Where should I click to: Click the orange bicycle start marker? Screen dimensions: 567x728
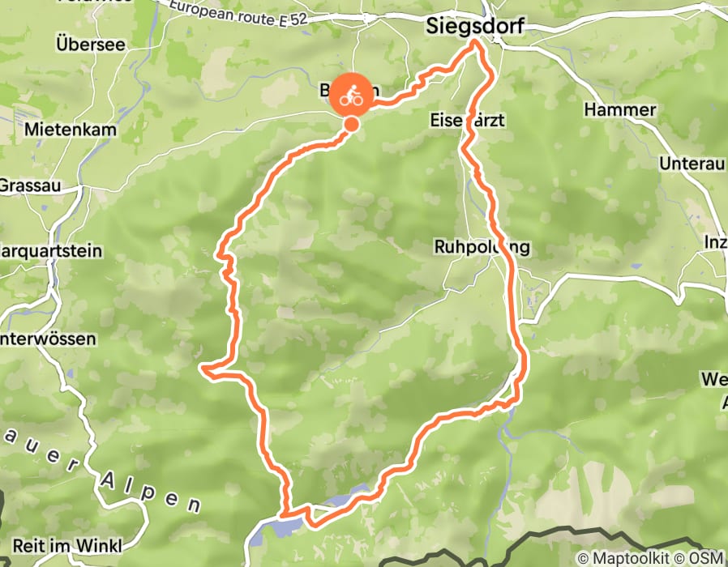tap(351, 96)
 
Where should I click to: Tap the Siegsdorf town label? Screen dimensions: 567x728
tap(473, 27)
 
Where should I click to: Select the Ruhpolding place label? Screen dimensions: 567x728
tap(482, 247)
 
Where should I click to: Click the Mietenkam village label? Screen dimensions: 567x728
tap(71, 129)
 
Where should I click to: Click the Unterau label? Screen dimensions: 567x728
tap(691, 164)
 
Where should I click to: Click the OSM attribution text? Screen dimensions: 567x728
tap(708, 558)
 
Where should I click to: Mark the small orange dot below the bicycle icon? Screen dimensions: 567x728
tap(352, 124)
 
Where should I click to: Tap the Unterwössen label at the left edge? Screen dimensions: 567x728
tap(48, 339)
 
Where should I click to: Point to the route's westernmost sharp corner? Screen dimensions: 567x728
tap(204, 370)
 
